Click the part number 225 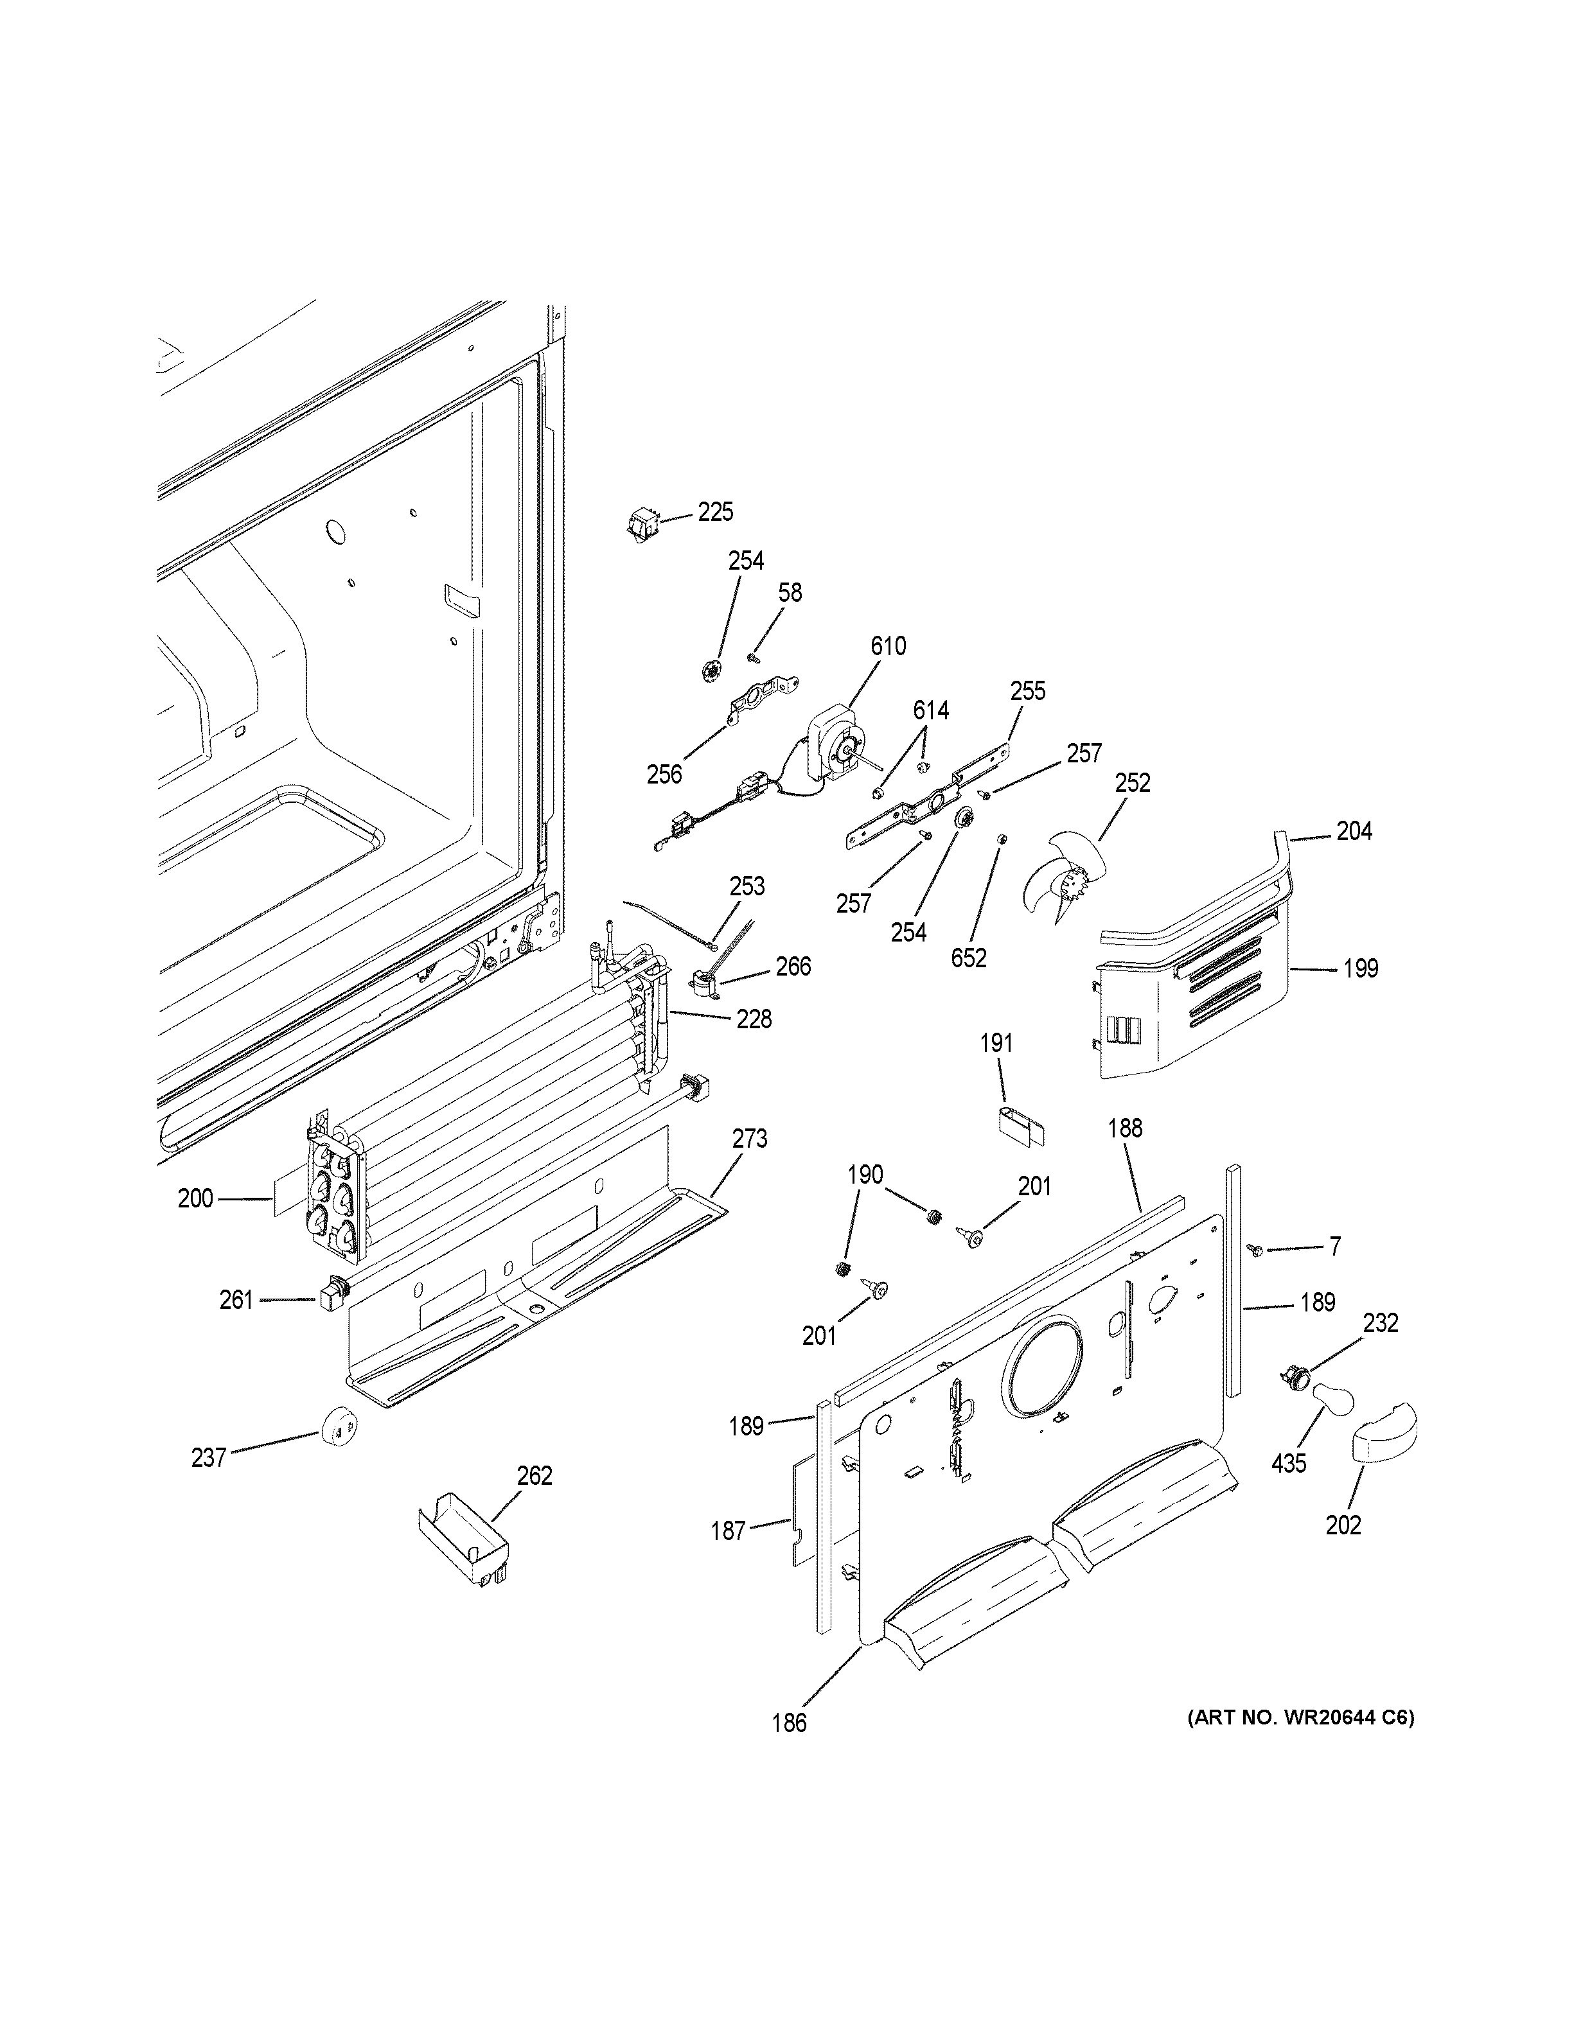point(715,511)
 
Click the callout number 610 point(888,645)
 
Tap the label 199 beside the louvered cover point(1360,969)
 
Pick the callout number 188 point(1124,1128)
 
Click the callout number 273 point(749,1138)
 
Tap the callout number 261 point(236,1299)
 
